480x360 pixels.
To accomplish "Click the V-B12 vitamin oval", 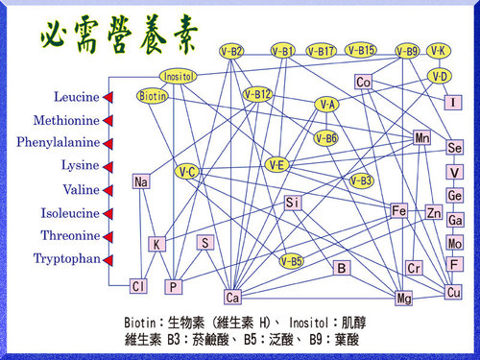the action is point(258,94).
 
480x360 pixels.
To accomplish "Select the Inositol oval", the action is point(179,76).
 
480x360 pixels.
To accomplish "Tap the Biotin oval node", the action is point(153,96).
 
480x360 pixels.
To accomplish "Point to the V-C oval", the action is point(188,172).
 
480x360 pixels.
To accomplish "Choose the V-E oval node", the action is point(277,165).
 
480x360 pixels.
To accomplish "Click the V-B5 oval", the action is point(292,260).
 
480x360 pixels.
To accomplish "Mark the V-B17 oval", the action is point(322,50).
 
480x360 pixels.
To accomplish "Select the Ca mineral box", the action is point(232,297).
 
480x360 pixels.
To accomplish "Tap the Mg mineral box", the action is point(404,299).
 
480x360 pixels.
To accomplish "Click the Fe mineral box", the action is point(400,210).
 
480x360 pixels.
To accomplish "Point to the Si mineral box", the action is point(293,203).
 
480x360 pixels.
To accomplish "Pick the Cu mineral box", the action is point(454,292).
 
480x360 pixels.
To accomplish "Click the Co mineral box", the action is point(363,83).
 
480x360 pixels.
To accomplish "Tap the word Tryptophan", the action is point(66,258).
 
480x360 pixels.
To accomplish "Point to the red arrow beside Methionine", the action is point(108,121).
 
